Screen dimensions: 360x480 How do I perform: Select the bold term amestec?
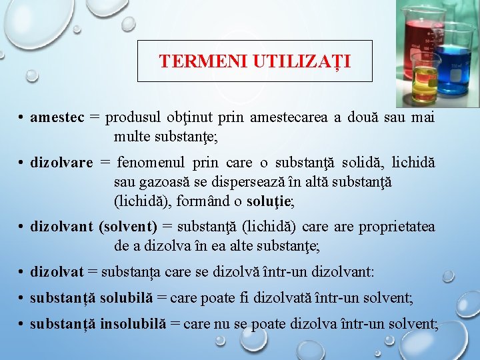[x=57, y=117]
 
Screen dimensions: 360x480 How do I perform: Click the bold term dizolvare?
[x=61, y=163]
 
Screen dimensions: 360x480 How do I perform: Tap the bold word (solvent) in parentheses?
[x=128, y=227]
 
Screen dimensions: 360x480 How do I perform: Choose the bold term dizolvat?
[x=57, y=271]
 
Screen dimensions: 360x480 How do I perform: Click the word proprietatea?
[x=397, y=227]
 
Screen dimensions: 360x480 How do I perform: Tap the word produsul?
[x=131, y=117]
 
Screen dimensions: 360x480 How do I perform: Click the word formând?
[x=201, y=200]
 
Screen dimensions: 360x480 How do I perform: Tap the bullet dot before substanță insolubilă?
[x=22, y=325]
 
